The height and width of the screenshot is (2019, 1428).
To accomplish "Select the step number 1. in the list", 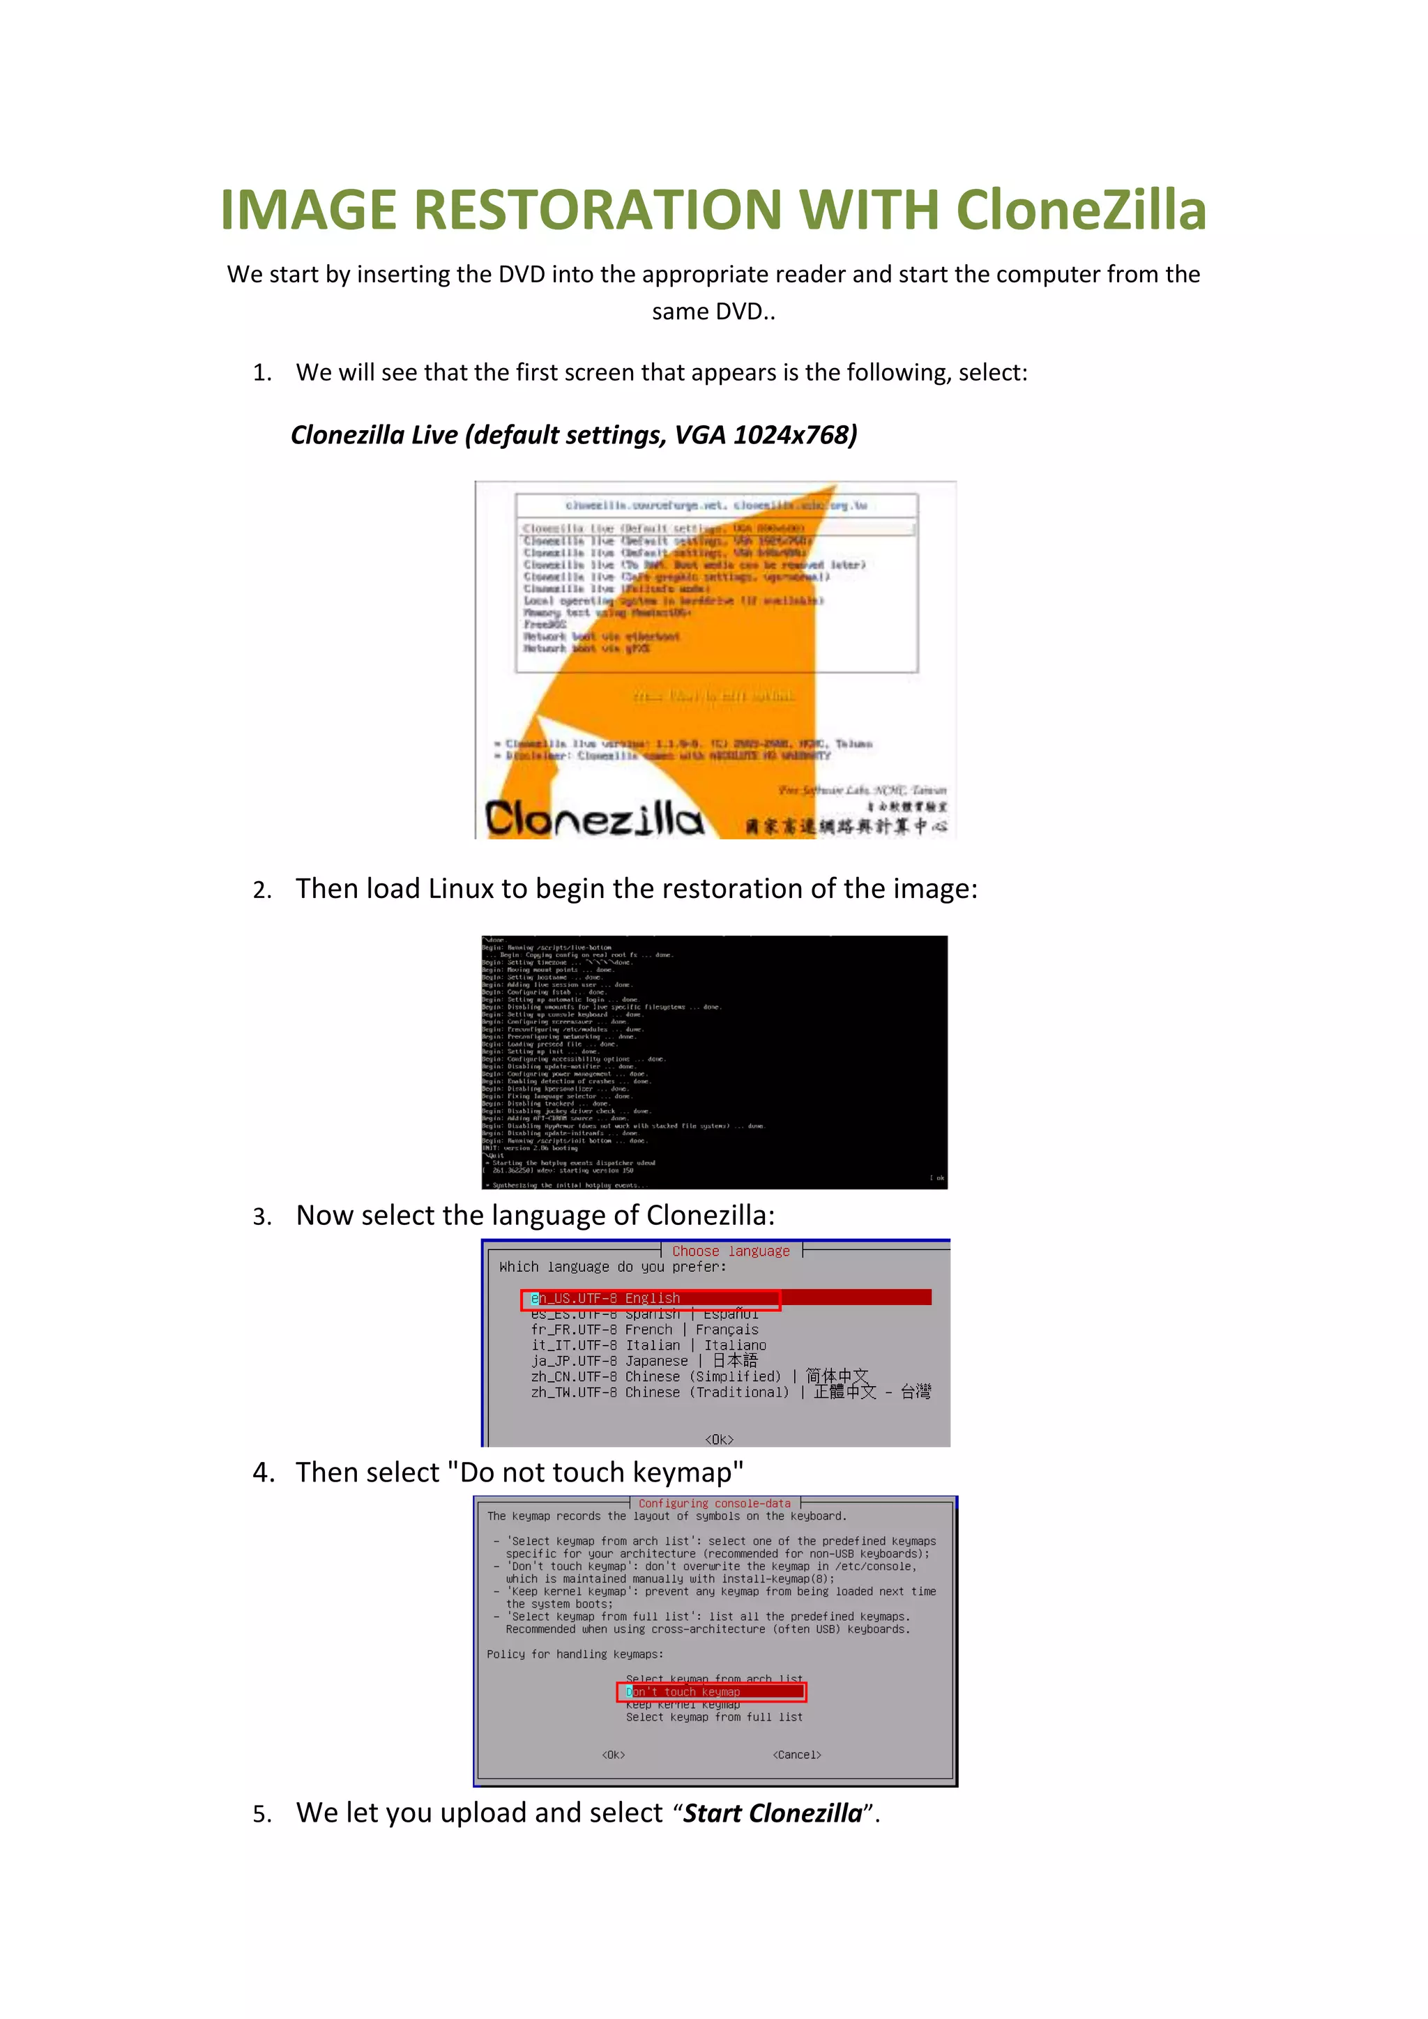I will click(x=262, y=373).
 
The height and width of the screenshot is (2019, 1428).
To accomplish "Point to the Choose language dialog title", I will click(x=731, y=1251).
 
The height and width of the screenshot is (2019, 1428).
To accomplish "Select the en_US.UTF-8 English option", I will click(x=606, y=1298).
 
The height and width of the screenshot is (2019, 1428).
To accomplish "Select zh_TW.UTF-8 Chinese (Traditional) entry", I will click(x=660, y=1393).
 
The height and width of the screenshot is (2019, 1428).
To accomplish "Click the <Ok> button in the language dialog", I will click(x=718, y=1440).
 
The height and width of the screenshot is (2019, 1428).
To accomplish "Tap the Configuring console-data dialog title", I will click(x=714, y=1504).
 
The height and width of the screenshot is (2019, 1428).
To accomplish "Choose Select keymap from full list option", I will click(x=714, y=1717).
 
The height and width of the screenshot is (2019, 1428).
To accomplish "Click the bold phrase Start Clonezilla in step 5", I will click(x=772, y=1813).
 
